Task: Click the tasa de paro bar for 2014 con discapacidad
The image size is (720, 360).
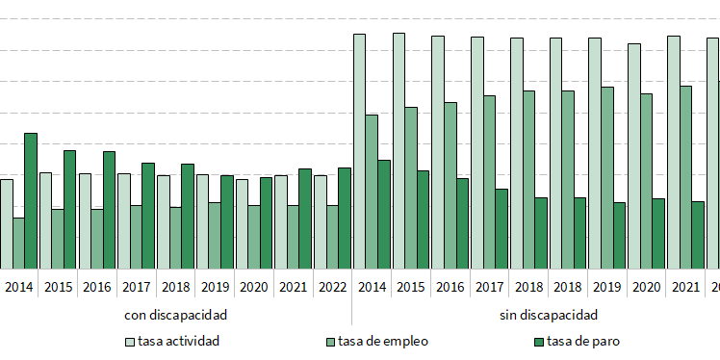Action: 31,200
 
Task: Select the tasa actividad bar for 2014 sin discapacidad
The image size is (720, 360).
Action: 359,151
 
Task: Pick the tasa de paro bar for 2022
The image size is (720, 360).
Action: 345,218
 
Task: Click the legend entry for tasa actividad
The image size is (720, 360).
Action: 172,341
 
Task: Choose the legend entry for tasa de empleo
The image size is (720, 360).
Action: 376,341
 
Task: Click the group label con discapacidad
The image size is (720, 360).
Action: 176,315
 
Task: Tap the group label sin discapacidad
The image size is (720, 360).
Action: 549,315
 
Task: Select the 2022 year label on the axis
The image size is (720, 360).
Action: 332,287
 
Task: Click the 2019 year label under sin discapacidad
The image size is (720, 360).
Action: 607,287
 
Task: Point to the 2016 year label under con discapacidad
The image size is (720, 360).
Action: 97,287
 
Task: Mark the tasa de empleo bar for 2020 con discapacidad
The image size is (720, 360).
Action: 253,237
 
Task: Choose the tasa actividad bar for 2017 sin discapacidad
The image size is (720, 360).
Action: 476,152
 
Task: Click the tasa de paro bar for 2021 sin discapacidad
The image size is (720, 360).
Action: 698,235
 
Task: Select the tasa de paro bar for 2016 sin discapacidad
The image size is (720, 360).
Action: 462,223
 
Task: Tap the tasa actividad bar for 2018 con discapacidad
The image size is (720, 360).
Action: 164,221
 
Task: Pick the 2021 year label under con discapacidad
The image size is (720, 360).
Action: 293,287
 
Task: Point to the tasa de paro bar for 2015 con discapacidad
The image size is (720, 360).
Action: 70,209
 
